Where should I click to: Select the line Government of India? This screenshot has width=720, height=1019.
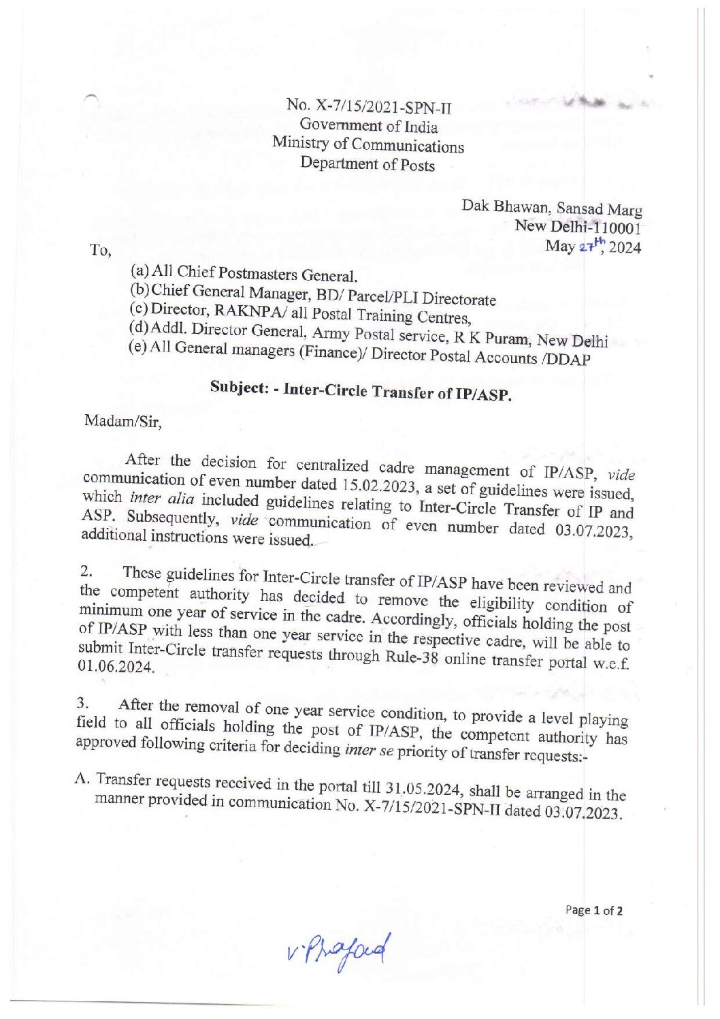[368, 125]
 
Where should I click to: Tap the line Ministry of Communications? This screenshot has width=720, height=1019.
[368, 144]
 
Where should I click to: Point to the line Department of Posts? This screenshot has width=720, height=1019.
[367, 163]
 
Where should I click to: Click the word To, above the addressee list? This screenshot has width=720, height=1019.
[100, 250]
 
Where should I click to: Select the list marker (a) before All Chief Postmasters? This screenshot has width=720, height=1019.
[140, 270]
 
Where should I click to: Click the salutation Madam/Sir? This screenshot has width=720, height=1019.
[123, 422]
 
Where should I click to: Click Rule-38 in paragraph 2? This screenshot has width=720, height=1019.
[412, 657]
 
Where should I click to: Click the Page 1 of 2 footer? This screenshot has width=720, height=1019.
[593, 910]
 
